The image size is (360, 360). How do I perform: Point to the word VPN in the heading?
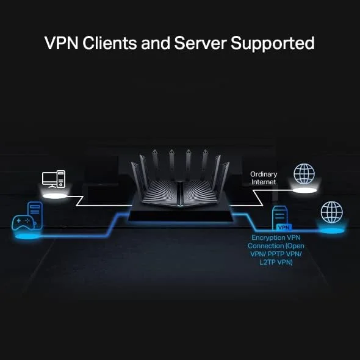60,43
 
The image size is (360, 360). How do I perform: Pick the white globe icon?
304,173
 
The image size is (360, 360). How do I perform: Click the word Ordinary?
264,175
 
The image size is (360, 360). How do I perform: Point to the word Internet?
264,182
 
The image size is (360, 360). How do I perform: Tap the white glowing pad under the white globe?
304,191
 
